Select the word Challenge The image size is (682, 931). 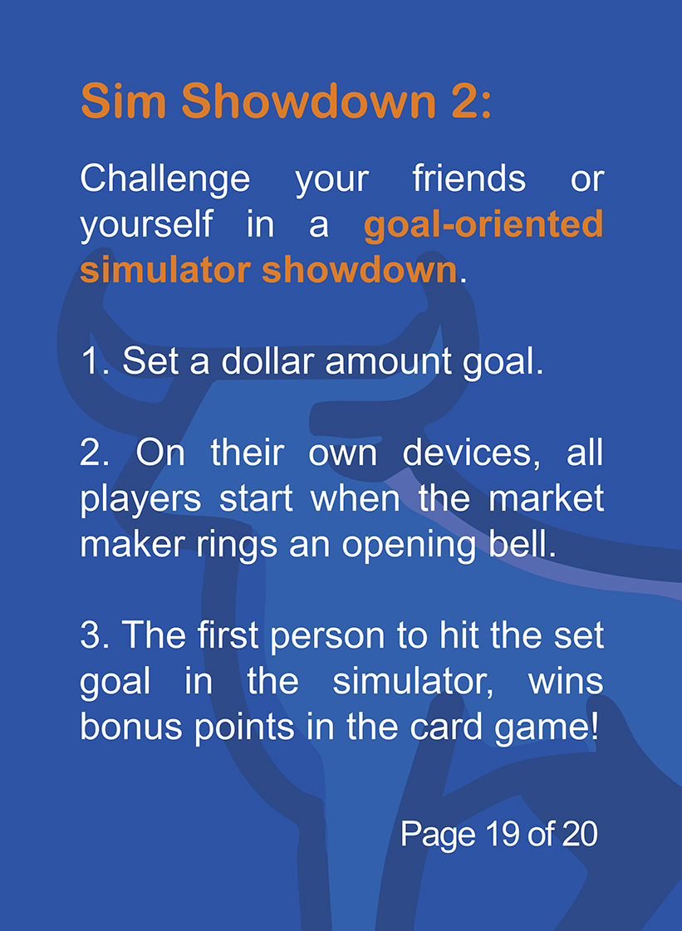(x=165, y=179)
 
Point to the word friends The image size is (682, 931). (x=469, y=179)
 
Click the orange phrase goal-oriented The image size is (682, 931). (x=483, y=225)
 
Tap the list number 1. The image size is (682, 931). (x=91, y=362)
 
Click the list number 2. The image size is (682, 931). (x=91, y=453)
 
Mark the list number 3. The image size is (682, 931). (x=91, y=636)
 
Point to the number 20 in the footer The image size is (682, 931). (x=579, y=833)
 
